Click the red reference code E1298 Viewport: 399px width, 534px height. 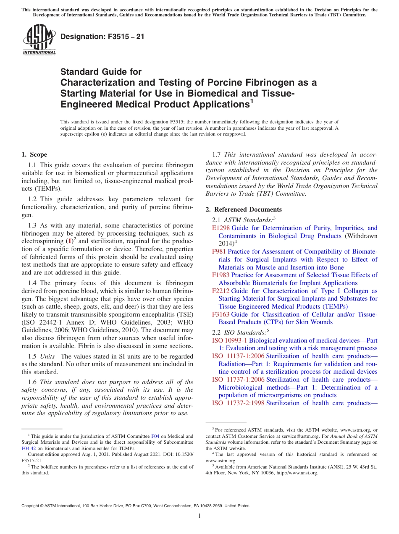pos(221,228)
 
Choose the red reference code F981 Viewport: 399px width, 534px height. pos(219,251)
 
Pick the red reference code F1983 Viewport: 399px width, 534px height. pos(221,275)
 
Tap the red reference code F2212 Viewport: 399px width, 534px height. pos(221,291)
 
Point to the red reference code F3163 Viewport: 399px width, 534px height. pos(221,314)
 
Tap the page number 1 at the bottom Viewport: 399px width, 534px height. pos(199,516)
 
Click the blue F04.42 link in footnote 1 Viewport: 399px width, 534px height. pos(28,448)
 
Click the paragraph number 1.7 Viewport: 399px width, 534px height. pos(217,154)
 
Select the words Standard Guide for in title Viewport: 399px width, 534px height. pos(101,72)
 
